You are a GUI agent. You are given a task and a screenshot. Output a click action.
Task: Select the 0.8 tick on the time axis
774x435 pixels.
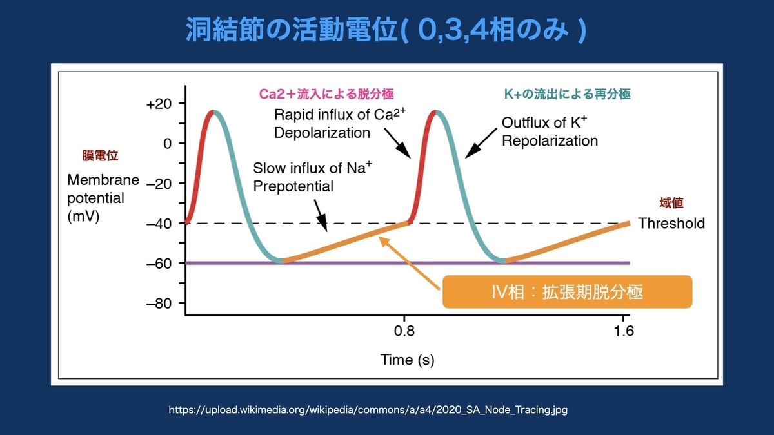pyautogui.click(x=404, y=332)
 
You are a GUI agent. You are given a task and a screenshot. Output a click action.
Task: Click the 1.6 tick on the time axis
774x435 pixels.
pyautogui.click(x=624, y=332)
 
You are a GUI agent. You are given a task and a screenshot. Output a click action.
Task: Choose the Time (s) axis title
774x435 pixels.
pyautogui.click(x=407, y=360)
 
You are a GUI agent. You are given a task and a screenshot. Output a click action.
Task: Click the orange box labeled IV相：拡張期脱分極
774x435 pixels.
pyautogui.click(x=567, y=292)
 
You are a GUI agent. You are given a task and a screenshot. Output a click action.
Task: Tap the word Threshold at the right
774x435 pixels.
pyautogui.click(x=671, y=224)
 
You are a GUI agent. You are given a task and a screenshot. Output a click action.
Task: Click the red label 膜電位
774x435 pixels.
pyautogui.click(x=101, y=155)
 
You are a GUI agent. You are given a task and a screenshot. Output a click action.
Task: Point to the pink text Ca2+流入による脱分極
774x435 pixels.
pyautogui.click(x=326, y=93)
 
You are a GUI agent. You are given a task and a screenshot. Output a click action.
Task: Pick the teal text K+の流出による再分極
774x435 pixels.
pyautogui.click(x=566, y=93)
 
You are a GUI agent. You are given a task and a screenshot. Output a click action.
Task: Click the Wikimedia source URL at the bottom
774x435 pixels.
pyautogui.click(x=368, y=409)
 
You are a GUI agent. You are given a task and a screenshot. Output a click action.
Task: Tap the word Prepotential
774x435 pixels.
pyautogui.click(x=293, y=187)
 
